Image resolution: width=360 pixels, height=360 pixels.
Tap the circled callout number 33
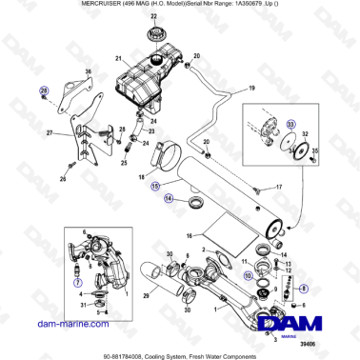click(x=291, y=123)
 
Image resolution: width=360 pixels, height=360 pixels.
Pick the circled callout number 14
click(x=168, y=198)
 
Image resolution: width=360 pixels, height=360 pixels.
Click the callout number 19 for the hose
click(x=251, y=88)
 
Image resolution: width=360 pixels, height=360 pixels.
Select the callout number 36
click(x=90, y=70)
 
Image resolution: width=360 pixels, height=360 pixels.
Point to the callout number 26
click(x=63, y=177)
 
